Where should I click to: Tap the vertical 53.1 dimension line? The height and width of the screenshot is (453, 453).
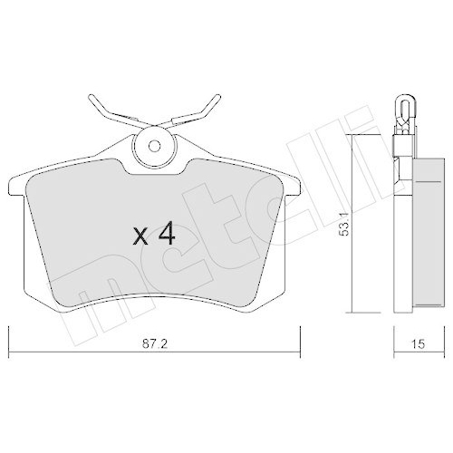click(x=355, y=223)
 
